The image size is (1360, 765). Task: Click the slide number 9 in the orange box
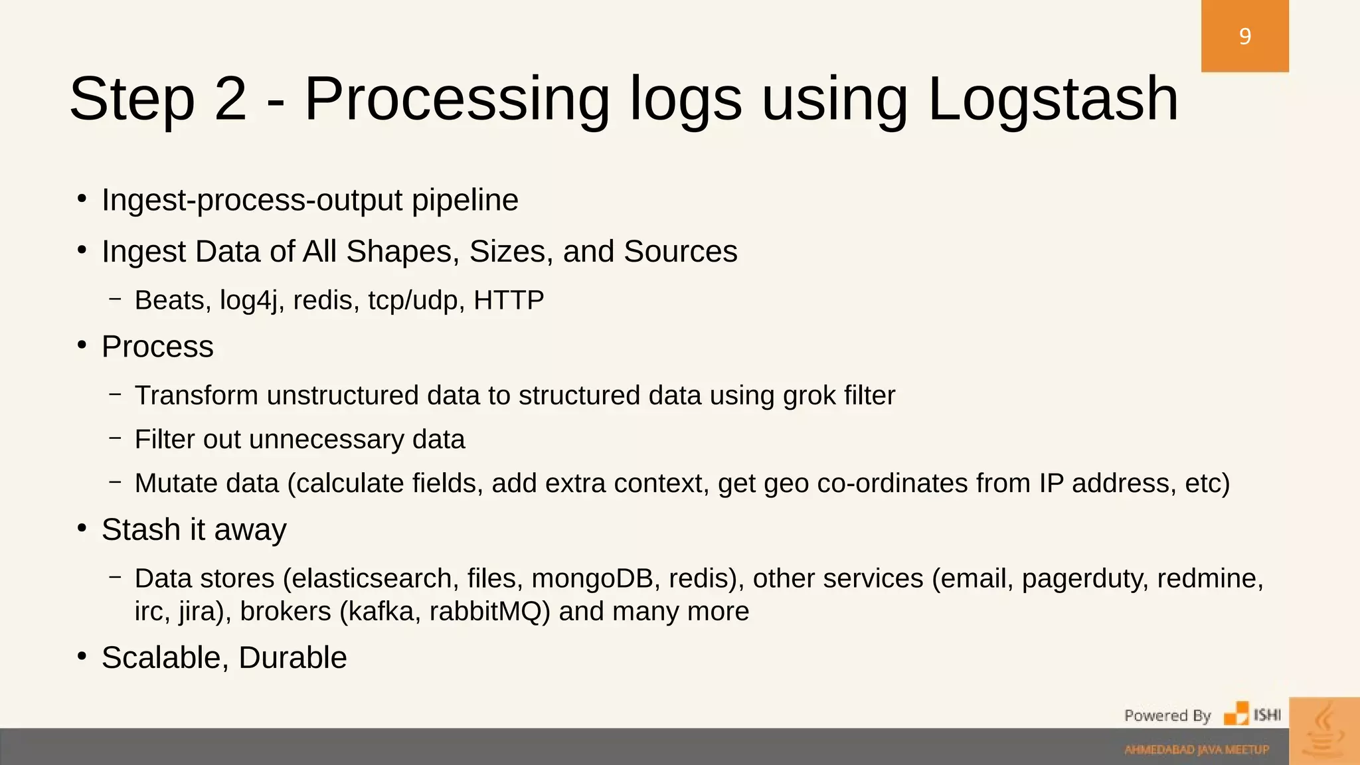tap(1244, 36)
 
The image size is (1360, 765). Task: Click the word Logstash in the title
tap(1053, 100)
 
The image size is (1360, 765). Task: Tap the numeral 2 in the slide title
tap(230, 100)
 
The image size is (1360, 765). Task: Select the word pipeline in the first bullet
tap(464, 201)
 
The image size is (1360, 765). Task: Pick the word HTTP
tap(509, 300)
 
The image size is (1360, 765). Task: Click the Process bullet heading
tap(157, 347)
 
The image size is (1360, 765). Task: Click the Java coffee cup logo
tap(1324, 730)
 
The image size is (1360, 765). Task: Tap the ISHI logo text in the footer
tap(1267, 715)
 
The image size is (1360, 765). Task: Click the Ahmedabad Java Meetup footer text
tap(1197, 750)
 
